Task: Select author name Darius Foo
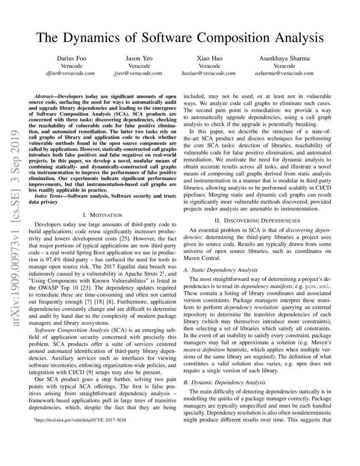71,58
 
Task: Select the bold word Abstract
45,97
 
